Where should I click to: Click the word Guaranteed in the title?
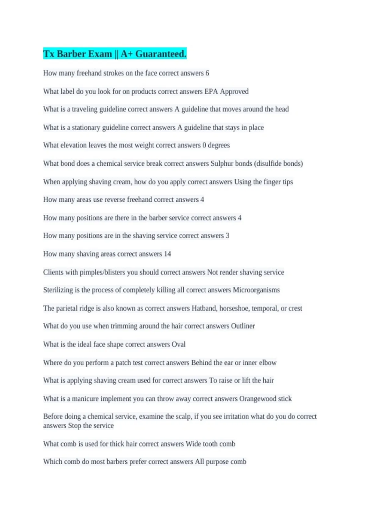(160, 54)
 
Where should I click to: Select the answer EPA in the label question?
(211, 91)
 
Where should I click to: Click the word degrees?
(219, 145)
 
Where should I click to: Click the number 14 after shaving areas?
(167, 254)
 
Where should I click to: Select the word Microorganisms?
(256, 290)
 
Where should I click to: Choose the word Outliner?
(243, 326)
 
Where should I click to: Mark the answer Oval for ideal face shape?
(178, 344)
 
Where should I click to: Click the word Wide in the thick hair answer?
(193, 444)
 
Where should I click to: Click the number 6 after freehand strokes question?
(207, 73)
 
